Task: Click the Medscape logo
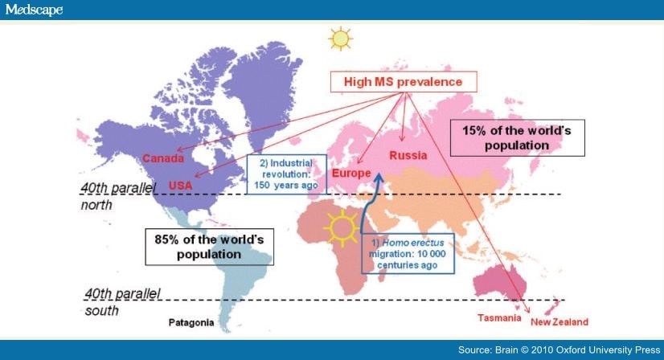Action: click(x=34, y=10)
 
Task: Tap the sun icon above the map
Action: click(x=341, y=39)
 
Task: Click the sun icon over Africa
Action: click(x=342, y=228)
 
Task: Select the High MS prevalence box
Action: click(x=404, y=82)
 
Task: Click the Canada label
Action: click(x=163, y=158)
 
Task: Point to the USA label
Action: click(x=180, y=185)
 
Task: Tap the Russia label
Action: click(x=408, y=155)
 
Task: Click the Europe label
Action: click(x=351, y=174)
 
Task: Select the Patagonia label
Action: click(x=191, y=323)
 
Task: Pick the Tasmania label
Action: click(x=499, y=318)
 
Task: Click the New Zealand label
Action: click(x=559, y=322)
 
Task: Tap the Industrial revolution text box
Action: click(x=287, y=174)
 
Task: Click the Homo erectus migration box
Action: click(x=408, y=254)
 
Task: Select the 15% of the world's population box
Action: click(x=517, y=138)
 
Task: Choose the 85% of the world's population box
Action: click(x=209, y=247)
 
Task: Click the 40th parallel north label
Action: click(x=118, y=196)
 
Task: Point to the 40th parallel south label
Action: click(x=122, y=302)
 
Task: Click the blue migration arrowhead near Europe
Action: click(x=379, y=178)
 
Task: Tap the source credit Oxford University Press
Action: click(x=559, y=350)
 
